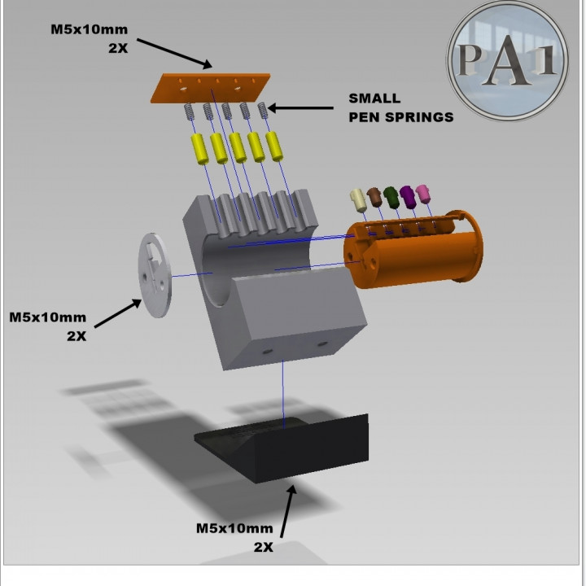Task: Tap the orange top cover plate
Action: pyautogui.click(x=211, y=86)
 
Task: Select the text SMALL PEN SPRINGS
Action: pyautogui.click(x=400, y=107)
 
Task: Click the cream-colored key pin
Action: pyautogui.click(x=357, y=200)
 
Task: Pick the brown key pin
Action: pyautogui.click(x=374, y=198)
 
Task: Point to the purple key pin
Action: pyautogui.click(x=408, y=195)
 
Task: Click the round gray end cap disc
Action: pyautogui.click(x=155, y=274)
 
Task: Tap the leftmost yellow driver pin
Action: pyautogui.click(x=199, y=149)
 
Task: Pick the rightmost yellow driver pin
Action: pyautogui.click(x=276, y=145)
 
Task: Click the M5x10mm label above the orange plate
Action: pyautogui.click(x=90, y=37)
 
